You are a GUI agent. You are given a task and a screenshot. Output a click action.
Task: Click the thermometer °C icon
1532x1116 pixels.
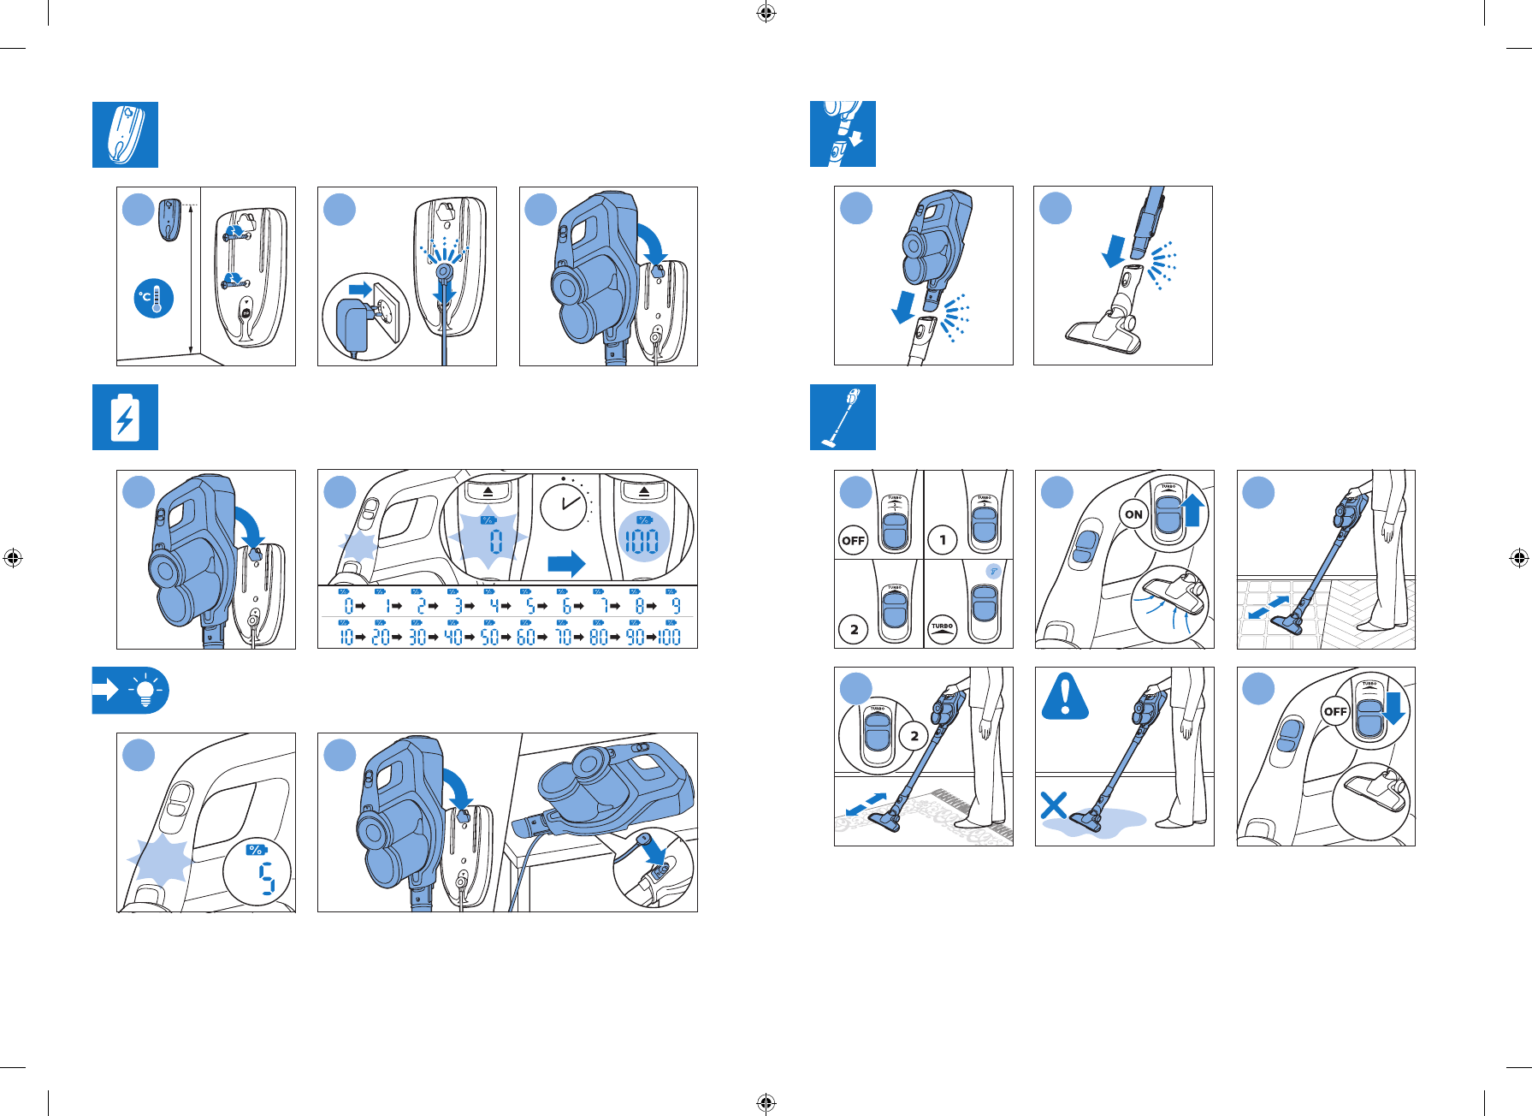pyautogui.click(x=154, y=298)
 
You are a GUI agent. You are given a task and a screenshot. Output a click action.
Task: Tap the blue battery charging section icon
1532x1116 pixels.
pyautogui.click(x=125, y=418)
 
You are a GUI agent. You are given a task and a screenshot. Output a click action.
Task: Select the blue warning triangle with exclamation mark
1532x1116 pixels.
pyautogui.click(x=1065, y=696)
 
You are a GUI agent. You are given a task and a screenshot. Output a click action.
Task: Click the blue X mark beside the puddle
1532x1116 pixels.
pyautogui.click(x=1054, y=805)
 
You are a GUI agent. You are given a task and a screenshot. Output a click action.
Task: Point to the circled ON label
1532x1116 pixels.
pyautogui.click(x=1133, y=514)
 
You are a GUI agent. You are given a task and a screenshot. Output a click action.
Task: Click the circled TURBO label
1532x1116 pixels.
pyautogui.click(x=942, y=628)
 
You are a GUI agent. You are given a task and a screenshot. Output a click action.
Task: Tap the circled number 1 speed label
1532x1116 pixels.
pyautogui.click(x=943, y=540)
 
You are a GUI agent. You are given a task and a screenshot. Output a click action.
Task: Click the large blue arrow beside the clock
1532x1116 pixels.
pyautogui.click(x=565, y=563)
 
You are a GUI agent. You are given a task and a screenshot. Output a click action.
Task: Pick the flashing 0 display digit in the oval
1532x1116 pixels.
pyautogui.click(x=495, y=541)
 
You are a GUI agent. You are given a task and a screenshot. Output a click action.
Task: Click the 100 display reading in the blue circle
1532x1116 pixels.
pyautogui.click(x=640, y=541)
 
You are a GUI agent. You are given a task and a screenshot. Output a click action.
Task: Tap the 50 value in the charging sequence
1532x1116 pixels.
pyautogui.click(x=489, y=637)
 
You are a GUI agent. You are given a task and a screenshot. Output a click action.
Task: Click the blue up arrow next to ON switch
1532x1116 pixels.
pyautogui.click(x=1193, y=512)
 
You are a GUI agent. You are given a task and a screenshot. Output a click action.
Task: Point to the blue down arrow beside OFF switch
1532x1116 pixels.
pyautogui.click(x=1394, y=708)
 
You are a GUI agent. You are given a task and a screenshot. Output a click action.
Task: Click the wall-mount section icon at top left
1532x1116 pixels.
pyautogui.click(x=125, y=134)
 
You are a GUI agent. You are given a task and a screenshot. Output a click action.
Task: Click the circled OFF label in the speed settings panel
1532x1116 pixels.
pyautogui.click(x=853, y=540)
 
